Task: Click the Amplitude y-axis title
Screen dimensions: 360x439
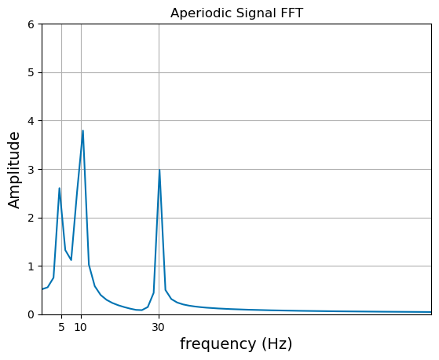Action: [15, 169]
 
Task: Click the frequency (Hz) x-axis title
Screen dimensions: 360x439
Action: [236, 343]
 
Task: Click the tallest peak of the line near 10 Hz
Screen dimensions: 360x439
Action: [82, 130]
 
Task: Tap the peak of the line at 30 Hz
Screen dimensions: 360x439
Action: [159, 170]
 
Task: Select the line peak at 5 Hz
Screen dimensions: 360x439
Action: [59, 188]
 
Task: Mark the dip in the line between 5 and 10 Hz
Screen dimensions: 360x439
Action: [71, 260]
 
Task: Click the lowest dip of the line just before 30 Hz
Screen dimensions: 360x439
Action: [141, 310]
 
